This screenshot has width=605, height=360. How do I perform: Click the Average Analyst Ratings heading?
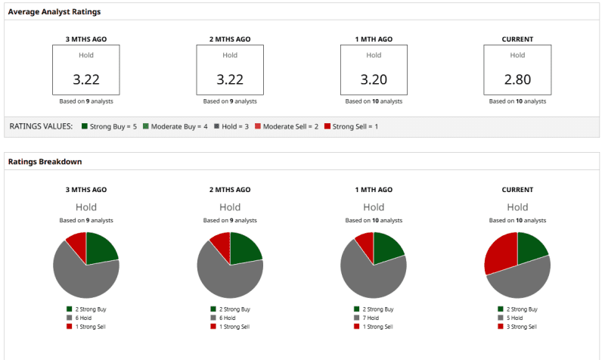coord(54,12)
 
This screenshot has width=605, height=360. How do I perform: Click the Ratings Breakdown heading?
coord(45,161)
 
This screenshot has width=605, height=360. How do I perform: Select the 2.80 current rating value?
coord(517,79)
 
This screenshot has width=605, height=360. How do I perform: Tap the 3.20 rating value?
coord(374,79)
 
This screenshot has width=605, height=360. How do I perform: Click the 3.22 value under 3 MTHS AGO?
coord(86,79)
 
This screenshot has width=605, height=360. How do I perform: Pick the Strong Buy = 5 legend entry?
coord(109,126)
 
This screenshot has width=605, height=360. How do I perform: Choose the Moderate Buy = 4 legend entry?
coord(176,126)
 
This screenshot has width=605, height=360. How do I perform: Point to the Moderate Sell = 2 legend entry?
coord(286,126)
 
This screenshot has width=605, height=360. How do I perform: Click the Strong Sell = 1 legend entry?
coord(351,126)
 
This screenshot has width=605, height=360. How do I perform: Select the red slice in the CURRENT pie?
coord(500,254)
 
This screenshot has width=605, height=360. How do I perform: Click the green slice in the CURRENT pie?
coord(531,247)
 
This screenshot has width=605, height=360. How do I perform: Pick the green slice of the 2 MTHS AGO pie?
coord(244,247)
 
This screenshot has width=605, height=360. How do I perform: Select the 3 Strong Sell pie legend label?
coord(521,327)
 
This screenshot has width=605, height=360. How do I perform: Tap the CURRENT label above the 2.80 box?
coord(517,39)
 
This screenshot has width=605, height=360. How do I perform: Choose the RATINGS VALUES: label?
coord(41,126)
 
